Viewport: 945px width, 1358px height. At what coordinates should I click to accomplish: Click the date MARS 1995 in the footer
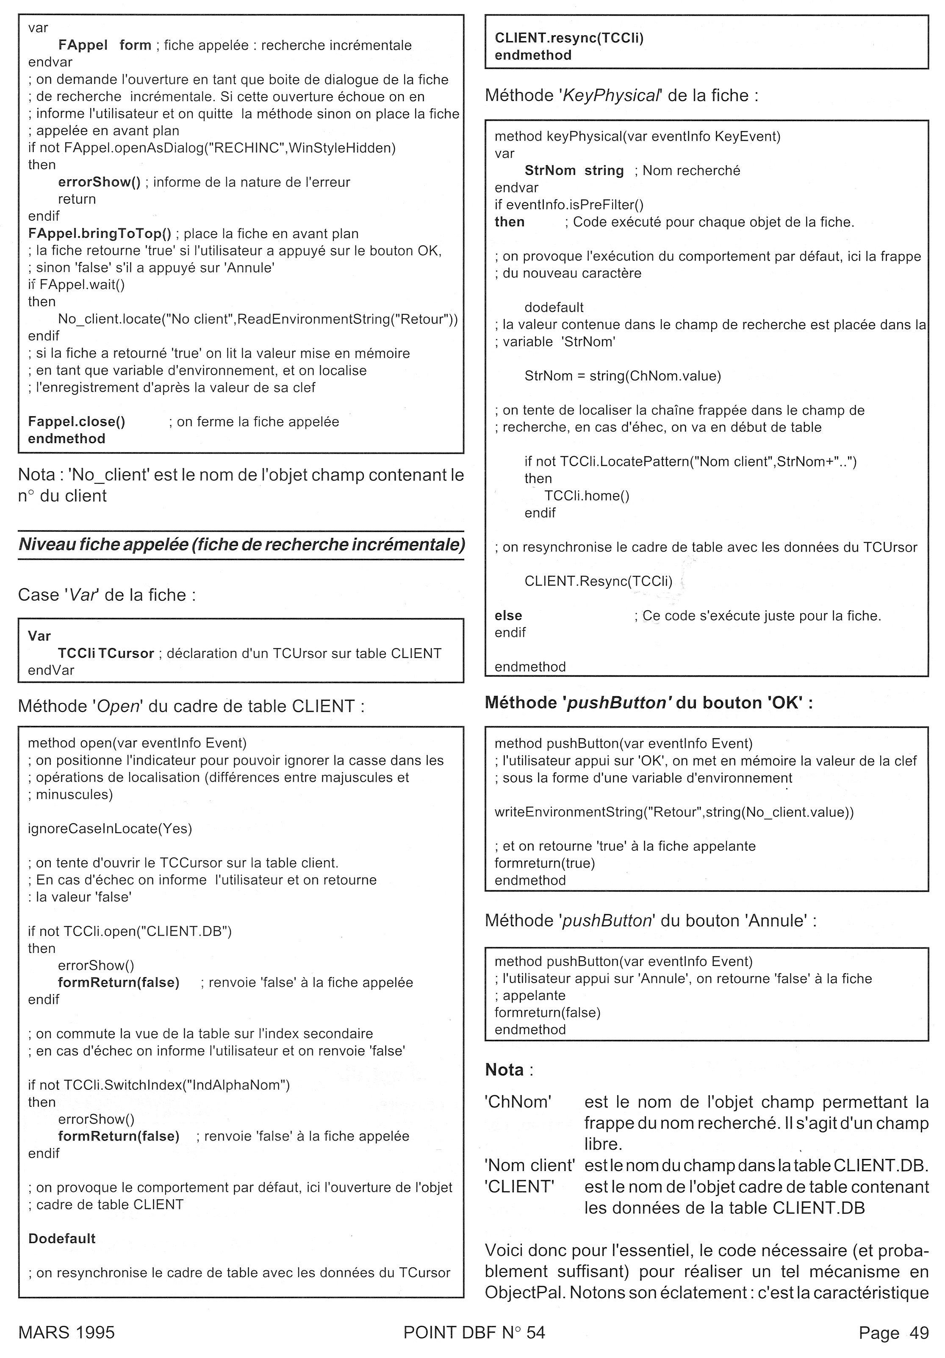click(66, 1332)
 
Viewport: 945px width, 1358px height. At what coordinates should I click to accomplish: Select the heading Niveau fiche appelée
click(241, 544)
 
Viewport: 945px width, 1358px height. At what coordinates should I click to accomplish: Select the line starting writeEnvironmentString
click(673, 812)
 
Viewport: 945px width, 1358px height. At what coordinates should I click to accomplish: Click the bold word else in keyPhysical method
click(508, 616)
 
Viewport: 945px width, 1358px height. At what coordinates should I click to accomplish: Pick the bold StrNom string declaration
click(574, 171)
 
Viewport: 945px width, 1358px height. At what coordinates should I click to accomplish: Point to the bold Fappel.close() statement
click(76, 422)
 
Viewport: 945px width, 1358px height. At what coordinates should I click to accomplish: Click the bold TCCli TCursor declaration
click(106, 653)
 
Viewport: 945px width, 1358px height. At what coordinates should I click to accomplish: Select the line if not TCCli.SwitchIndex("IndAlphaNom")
click(158, 1085)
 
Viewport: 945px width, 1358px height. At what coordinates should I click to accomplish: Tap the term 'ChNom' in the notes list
click(518, 1102)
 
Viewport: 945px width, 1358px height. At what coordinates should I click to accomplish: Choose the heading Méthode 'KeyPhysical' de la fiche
click(621, 95)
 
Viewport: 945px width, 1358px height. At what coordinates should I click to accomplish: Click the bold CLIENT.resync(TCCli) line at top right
click(569, 38)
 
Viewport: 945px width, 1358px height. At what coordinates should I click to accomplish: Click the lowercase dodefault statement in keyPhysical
click(554, 308)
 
